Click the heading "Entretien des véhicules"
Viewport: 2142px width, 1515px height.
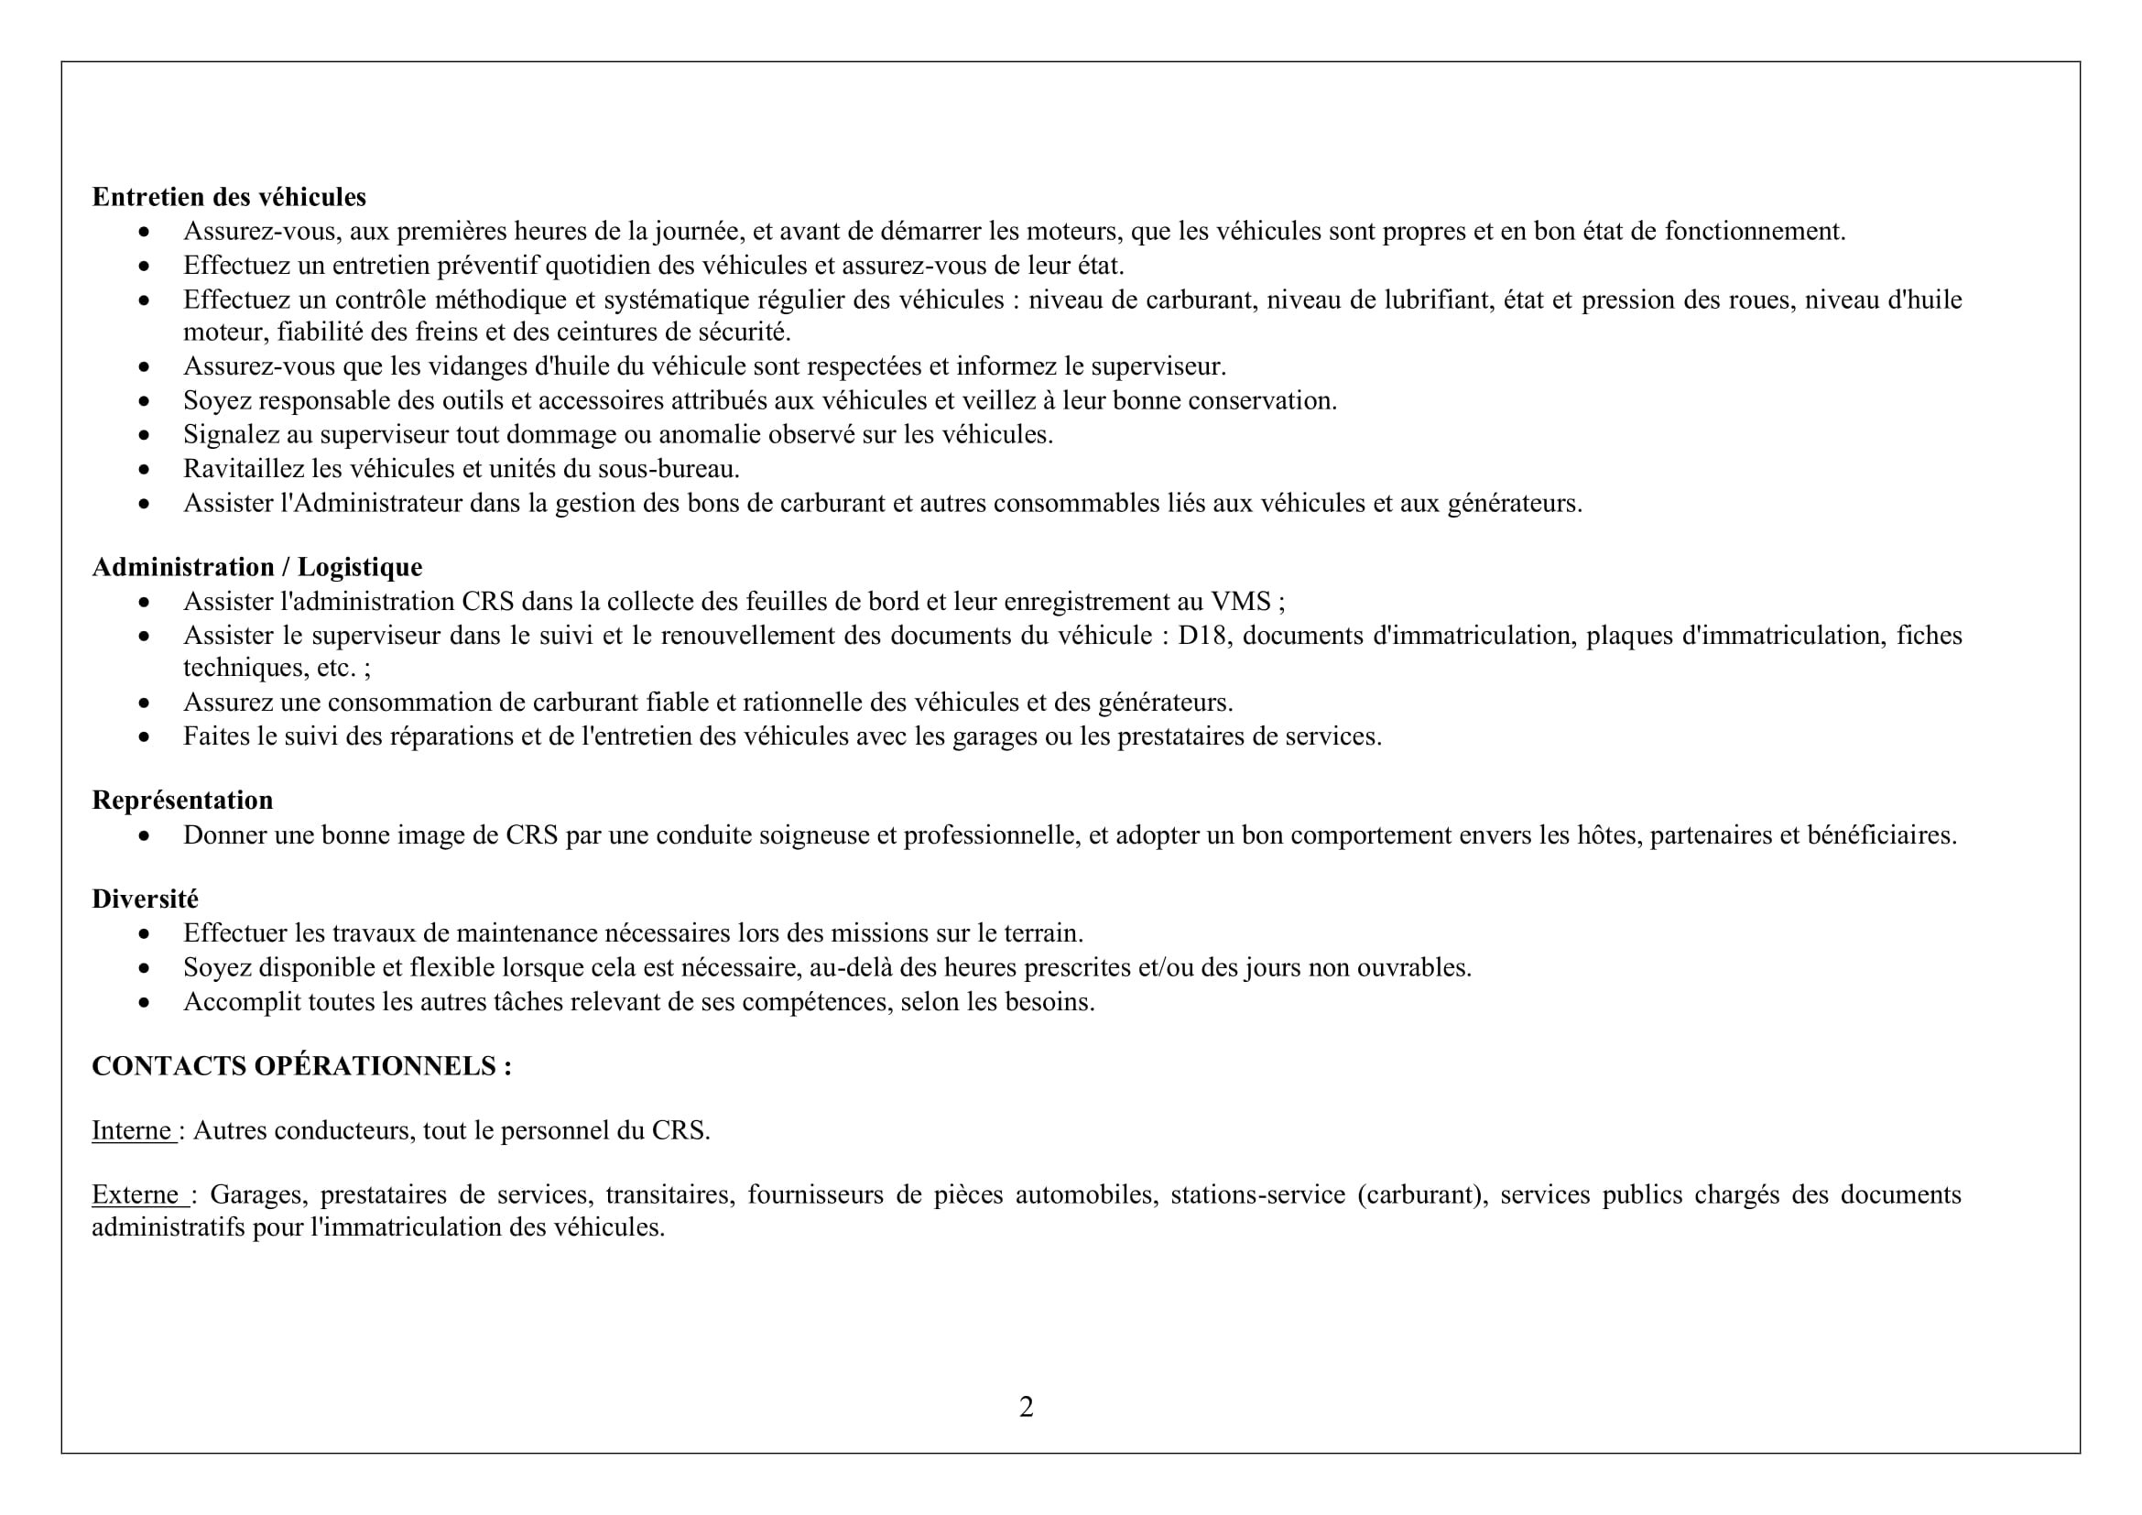tap(229, 197)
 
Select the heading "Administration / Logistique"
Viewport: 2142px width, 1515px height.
tap(256, 567)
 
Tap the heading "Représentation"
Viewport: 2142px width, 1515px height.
tap(182, 801)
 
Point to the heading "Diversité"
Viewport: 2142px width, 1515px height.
tap(145, 899)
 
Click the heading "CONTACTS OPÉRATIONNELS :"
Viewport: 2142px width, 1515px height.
tap(301, 1066)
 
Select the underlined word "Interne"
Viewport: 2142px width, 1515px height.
tap(132, 1130)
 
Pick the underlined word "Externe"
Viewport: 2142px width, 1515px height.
tap(136, 1195)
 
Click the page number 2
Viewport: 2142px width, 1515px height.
tap(1027, 1407)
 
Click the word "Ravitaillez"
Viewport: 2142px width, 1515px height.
tap(231, 469)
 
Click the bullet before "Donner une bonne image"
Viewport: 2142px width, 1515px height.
tap(144, 836)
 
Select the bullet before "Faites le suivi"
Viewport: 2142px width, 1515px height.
tap(144, 737)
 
